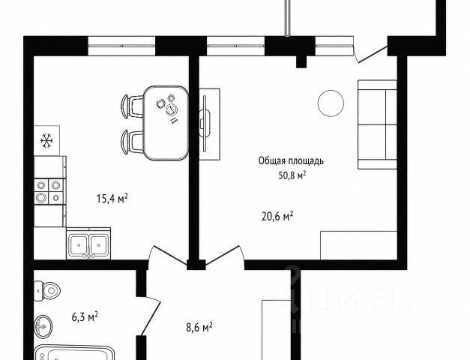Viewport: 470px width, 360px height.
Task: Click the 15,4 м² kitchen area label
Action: pos(112,198)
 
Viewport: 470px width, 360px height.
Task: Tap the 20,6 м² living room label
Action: pos(277,216)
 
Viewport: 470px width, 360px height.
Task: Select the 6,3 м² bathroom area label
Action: pos(85,316)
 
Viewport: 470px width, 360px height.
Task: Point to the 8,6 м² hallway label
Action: pos(199,327)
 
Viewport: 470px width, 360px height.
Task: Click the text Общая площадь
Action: pos(291,161)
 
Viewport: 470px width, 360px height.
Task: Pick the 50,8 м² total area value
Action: pos(292,175)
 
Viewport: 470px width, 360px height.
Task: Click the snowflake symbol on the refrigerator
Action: pos(46,140)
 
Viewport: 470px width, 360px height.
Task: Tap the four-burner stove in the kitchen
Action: pos(49,191)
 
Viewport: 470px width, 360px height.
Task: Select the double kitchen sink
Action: pos(88,243)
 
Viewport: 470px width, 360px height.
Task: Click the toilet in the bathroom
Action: pos(47,291)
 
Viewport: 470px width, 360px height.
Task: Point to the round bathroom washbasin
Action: pos(43,326)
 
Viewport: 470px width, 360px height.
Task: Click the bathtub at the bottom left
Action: pos(75,353)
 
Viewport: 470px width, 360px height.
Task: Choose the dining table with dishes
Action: pos(166,123)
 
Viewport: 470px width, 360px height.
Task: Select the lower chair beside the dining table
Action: pos(132,141)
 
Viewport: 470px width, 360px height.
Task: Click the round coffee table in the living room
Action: pos(331,103)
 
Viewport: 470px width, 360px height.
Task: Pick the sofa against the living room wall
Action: pos(377,124)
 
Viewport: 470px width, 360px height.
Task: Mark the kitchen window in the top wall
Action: pos(121,46)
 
